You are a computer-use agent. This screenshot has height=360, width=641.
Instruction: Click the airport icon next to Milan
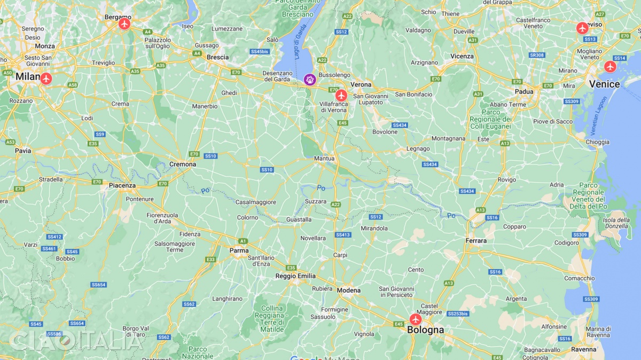(x=46, y=79)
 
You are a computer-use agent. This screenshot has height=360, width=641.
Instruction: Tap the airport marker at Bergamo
(x=125, y=24)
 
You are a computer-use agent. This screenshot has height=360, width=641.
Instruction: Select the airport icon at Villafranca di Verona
(x=341, y=96)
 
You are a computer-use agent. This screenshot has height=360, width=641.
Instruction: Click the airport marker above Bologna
(x=416, y=319)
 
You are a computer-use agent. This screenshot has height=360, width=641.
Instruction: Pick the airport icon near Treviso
(x=582, y=28)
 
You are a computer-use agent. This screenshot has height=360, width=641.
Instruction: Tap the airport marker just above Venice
(x=610, y=67)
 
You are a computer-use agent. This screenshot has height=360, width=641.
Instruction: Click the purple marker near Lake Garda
(x=309, y=80)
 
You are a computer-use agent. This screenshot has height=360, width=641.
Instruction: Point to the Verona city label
(x=361, y=85)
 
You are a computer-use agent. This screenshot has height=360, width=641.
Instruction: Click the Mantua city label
(x=324, y=159)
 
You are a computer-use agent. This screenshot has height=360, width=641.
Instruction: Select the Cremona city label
(x=183, y=165)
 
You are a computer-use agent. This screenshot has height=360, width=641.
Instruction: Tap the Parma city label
(x=239, y=251)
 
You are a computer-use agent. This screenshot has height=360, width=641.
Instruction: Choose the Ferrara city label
(x=476, y=241)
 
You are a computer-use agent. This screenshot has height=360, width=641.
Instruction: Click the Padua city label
(x=524, y=91)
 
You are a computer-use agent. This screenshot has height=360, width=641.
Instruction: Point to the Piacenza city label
(x=122, y=186)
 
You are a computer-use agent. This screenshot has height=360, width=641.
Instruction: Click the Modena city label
(x=349, y=291)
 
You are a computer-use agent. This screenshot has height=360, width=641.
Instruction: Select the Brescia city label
(x=217, y=57)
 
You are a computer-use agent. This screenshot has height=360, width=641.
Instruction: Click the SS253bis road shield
(x=458, y=314)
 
